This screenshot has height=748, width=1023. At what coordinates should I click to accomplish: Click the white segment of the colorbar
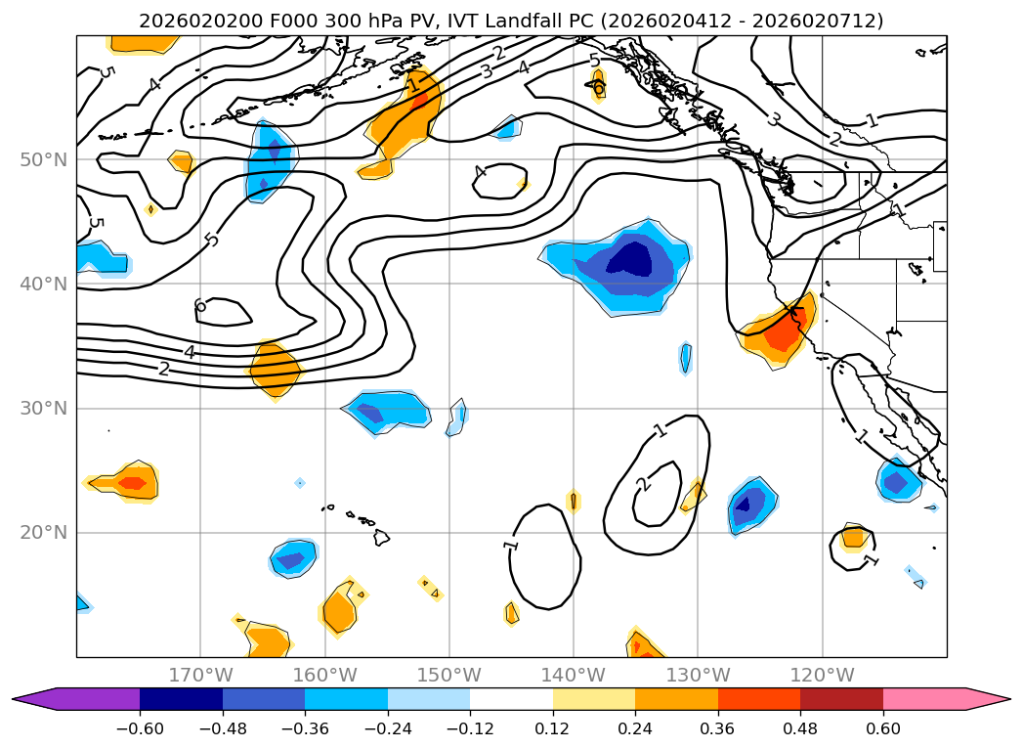tap(511, 698)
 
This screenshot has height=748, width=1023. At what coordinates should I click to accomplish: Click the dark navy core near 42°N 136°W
tap(629, 259)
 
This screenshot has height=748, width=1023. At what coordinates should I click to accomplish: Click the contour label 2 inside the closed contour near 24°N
tap(642, 484)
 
